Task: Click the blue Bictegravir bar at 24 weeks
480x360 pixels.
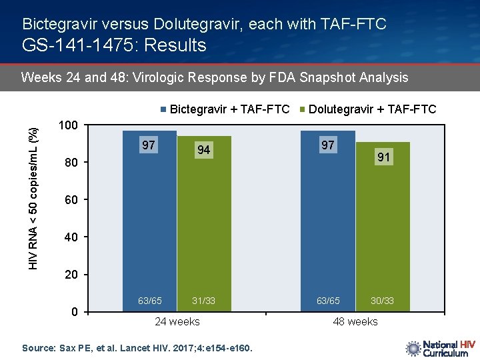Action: [x=150, y=220]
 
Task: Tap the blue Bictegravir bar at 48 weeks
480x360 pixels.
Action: [x=328, y=220]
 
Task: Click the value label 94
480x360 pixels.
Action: [x=203, y=150]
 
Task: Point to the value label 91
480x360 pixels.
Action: [x=384, y=157]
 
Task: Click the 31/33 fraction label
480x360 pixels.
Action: [x=204, y=301]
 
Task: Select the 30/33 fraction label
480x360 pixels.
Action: [x=383, y=301]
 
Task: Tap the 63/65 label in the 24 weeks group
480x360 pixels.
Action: [x=150, y=301]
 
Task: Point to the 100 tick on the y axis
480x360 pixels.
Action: [x=69, y=125]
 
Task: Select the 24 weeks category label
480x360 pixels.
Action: [x=177, y=321]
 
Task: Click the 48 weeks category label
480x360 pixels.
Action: [x=355, y=321]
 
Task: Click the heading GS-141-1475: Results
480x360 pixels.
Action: [x=114, y=45]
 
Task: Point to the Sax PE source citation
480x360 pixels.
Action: [x=137, y=347]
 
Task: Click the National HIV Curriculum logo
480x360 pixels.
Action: [x=440, y=348]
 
